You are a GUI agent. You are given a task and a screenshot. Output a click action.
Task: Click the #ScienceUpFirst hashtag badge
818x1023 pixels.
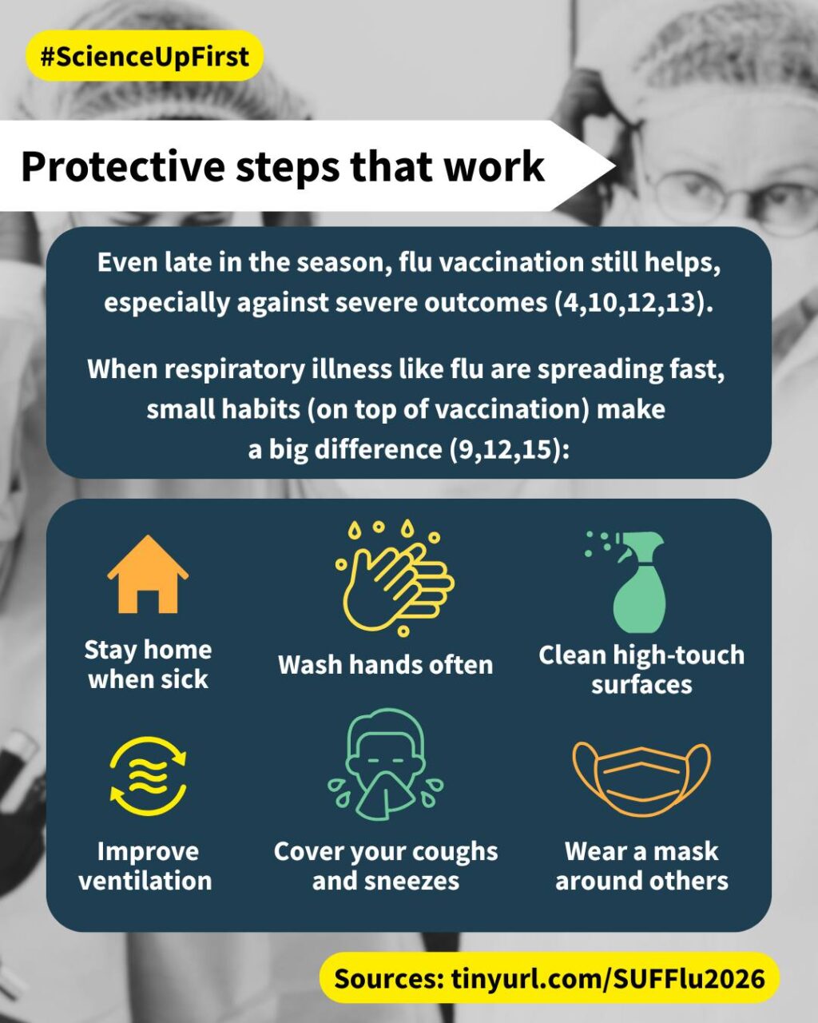(x=144, y=56)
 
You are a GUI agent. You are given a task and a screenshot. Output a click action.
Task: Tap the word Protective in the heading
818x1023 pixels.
(x=123, y=167)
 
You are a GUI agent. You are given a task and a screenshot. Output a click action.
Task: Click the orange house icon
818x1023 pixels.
(x=148, y=575)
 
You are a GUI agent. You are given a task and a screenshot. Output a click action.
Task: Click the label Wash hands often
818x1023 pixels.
(x=386, y=665)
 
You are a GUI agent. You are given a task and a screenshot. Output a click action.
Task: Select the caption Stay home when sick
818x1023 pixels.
(x=148, y=665)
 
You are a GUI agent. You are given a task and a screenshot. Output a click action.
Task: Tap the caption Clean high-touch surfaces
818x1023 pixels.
(x=641, y=670)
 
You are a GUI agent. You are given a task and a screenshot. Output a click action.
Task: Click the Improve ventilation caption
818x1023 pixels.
(x=145, y=866)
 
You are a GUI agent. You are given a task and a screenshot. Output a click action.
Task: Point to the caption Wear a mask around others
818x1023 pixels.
(x=641, y=866)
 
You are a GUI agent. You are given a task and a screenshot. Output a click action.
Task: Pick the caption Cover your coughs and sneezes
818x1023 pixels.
(x=386, y=866)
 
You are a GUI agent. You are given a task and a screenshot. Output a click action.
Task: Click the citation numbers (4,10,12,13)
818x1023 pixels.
(x=633, y=303)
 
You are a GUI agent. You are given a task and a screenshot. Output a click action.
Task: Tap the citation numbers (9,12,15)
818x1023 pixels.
(x=509, y=449)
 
